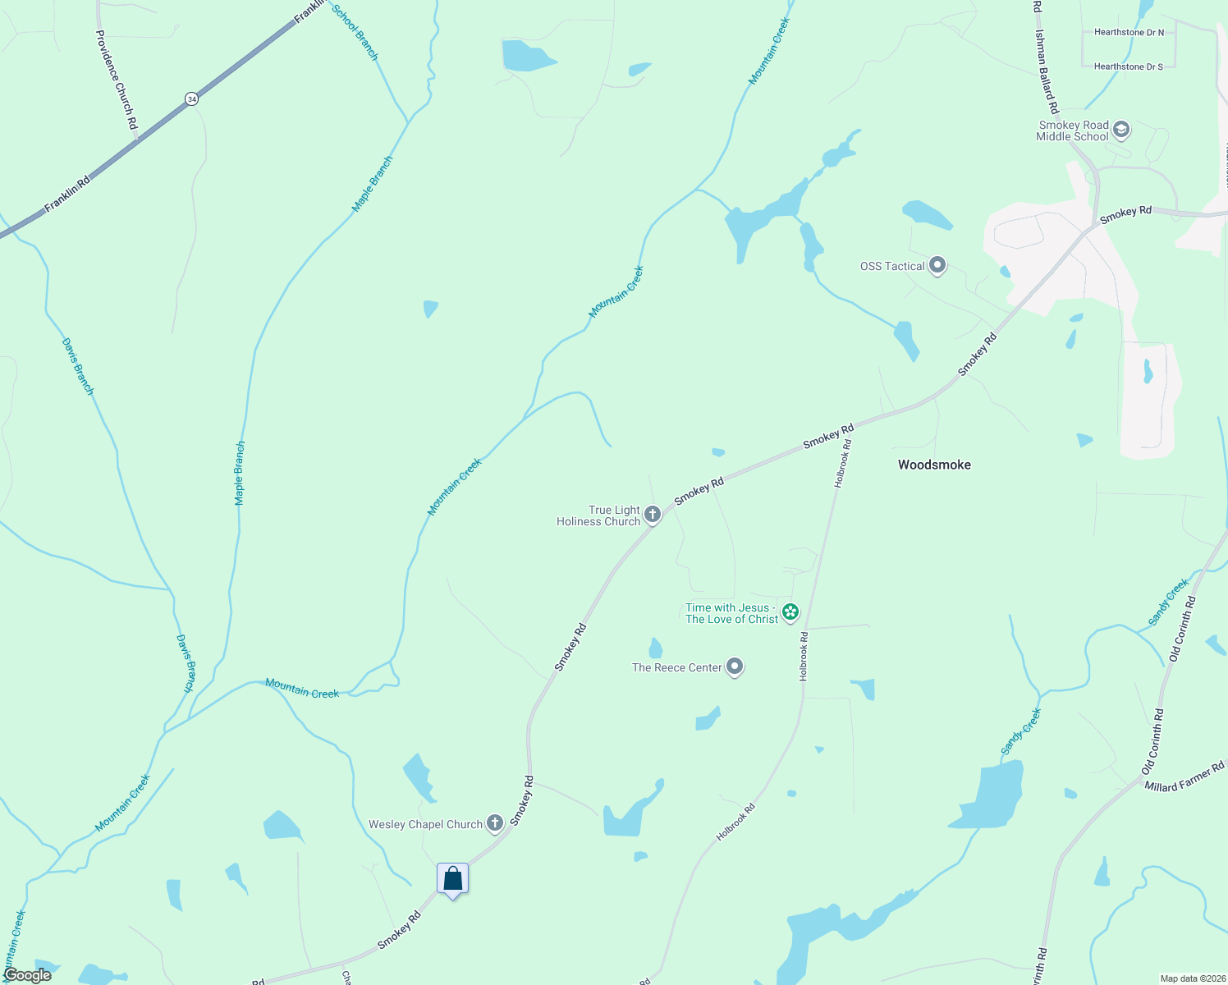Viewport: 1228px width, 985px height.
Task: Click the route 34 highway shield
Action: pyautogui.click(x=191, y=98)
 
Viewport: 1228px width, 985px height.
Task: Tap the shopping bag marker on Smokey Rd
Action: pyautogui.click(x=452, y=880)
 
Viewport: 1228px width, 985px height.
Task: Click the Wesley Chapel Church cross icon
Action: pyautogui.click(x=494, y=822)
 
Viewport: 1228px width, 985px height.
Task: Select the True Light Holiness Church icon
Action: pyautogui.click(x=653, y=515)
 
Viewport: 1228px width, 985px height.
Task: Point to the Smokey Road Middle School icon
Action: pyautogui.click(x=1121, y=130)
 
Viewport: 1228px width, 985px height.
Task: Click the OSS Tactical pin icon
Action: pyautogui.click(x=937, y=265)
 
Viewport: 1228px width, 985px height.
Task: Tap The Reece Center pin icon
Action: pyautogui.click(x=735, y=667)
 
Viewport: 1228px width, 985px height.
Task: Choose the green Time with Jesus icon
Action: pyautogui.click(x=790, y=612)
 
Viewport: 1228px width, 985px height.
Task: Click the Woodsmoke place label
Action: pyautogui.click(x=934, y=465)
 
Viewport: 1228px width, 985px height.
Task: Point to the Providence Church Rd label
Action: pyautogui.click(x=116, y=80)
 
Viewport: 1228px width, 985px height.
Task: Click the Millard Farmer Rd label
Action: pyautogui.click(x=1184, y=776)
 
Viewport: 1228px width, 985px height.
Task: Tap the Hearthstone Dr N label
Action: pyautogui.click(x=1129, y=33)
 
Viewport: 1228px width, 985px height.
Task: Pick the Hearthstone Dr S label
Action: pyautogui.click(x=1128, y=66)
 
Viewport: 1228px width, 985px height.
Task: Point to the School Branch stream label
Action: pyautogui.click(x=355, y=32)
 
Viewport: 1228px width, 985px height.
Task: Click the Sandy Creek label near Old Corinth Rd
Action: pyautogui.click(x=1169, y=602)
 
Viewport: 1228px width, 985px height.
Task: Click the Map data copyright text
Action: pyautogui.click(x=1190, y=978)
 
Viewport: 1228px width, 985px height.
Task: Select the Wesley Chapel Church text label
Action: pyautogui.click(x=425, y=824)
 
